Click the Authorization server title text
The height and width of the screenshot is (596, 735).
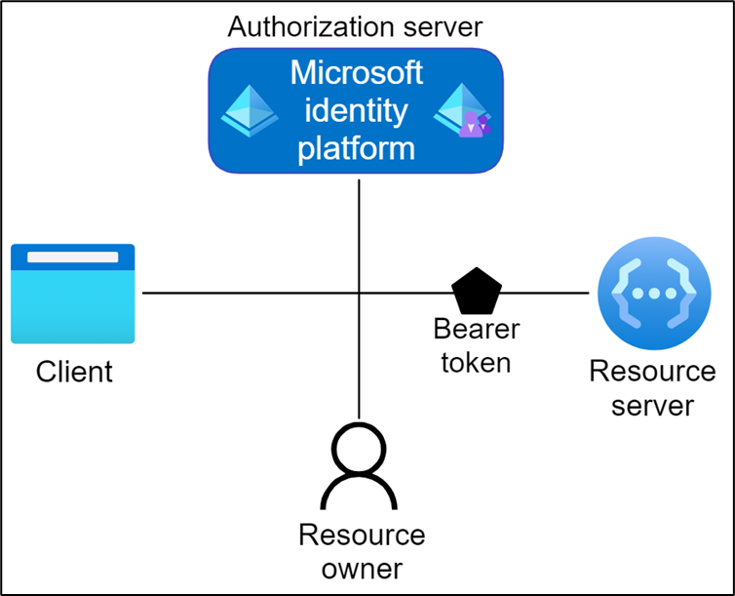355,25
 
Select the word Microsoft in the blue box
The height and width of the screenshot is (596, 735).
356,73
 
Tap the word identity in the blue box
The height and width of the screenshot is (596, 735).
356,110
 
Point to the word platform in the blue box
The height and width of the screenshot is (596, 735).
356,148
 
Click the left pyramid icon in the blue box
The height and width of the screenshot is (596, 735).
250,109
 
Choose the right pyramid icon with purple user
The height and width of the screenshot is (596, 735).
462,109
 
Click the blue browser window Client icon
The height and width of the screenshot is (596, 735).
73,294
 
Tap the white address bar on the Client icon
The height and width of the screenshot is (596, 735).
73,258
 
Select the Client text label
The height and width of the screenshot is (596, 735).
74,372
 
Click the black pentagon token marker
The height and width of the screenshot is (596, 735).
477,291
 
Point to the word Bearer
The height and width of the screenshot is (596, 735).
477,329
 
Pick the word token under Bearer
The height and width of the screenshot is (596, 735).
476,363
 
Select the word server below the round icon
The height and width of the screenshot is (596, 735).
652,405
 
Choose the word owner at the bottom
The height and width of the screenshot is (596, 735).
362,568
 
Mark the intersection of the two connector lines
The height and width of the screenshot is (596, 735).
360,293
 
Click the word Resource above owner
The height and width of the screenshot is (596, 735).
362,535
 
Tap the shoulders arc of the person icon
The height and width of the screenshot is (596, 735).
361,493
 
